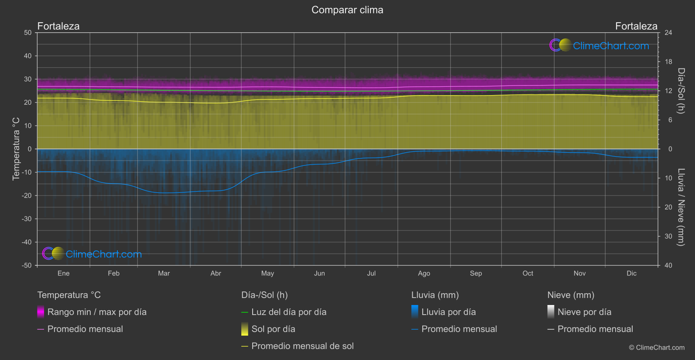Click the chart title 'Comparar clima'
347,10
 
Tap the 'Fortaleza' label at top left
58,26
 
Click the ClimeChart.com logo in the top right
599,45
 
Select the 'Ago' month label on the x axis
424,274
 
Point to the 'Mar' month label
164,274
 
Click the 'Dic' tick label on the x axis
631,274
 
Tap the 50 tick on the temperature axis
28,33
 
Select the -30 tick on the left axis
27,219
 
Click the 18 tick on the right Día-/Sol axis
668,62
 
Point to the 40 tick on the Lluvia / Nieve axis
668,265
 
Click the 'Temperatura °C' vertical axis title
16,149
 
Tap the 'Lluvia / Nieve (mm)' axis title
681,207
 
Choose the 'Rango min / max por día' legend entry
97,312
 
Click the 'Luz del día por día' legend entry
289,312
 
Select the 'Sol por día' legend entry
273,329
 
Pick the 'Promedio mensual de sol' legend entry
302,346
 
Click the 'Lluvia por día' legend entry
448,312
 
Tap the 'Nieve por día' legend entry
584,312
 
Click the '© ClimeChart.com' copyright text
657,348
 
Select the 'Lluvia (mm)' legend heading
435,295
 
